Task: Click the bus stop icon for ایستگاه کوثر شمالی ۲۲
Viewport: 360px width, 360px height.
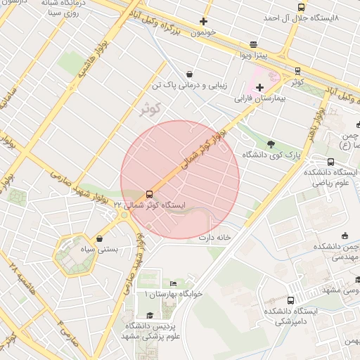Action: tap(149, 194)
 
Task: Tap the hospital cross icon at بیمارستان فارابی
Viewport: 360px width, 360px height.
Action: tap(259, 87)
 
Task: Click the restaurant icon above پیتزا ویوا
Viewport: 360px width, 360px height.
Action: tap(253, 44)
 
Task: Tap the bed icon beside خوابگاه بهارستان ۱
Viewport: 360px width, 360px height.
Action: tap(173, 283)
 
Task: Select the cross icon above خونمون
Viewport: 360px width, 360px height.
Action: tap(204, 21)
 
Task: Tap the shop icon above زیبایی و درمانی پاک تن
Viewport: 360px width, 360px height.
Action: tap(189, 74)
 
